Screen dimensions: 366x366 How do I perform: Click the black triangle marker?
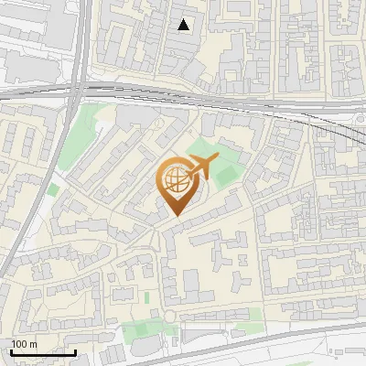click(x=184, y=25)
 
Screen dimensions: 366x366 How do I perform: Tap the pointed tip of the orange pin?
click(x=177, y=216)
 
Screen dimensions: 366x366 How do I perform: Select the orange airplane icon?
click(x=201, y=167)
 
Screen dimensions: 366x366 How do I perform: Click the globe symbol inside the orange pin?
click(x=177, y=181)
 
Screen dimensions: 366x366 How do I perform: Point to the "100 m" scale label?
click(x=24, y=344)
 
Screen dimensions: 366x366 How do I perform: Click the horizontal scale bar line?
click(x=43, y=352)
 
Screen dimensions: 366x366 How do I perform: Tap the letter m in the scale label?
click(x=33, y=344)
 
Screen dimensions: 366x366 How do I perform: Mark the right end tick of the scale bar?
click(x=75, y=350)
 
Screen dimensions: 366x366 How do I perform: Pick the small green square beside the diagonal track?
click(x=53, y=189)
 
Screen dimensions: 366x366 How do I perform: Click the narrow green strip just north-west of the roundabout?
click(x=146, y=297)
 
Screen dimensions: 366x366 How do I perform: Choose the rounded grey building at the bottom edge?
click(x=146, y=352)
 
